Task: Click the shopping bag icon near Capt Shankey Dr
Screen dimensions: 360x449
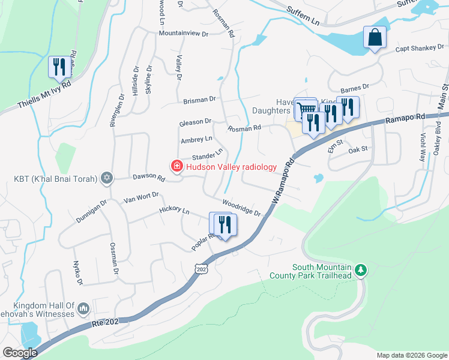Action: click(x=375, y=38)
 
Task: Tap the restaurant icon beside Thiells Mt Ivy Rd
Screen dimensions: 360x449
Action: click(x=59, y=66)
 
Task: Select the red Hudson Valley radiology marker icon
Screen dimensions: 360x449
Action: click(x=177, y=167)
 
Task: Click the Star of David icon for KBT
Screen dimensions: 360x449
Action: click(x=107, y=178)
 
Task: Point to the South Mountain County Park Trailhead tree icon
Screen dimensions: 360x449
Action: click(x=360, y=271)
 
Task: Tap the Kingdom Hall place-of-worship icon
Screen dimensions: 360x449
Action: click(x=83, y=309)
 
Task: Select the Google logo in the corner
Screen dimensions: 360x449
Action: click(x=20, y=353)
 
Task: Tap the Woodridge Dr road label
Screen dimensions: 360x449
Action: click(x=241, y=209)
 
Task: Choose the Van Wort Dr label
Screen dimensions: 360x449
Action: click(x=140, y=197)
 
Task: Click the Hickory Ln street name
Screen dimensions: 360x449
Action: click(x=174, y=211)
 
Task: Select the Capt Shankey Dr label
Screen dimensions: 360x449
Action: click(x=420, y=48)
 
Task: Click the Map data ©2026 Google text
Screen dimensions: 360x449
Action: click(x=411, y=355)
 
